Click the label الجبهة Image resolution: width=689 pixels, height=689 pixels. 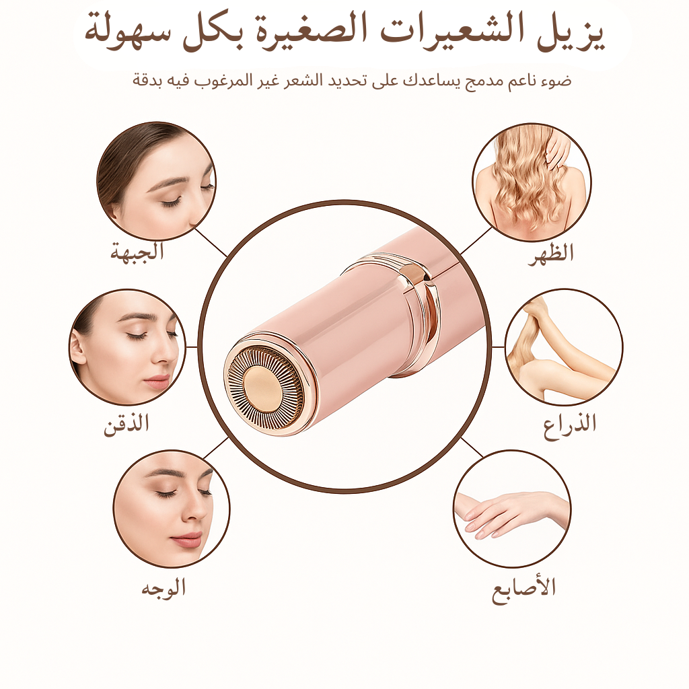[x=137, y=252]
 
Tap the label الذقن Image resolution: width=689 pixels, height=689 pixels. [x=126, y=425]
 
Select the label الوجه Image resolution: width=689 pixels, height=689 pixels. [x=163, y=587]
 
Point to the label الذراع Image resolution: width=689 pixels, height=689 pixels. [x=570, y=424]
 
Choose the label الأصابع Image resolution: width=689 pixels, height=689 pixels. [x=523, y=588]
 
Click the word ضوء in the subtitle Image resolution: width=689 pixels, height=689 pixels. [x=558, y=81]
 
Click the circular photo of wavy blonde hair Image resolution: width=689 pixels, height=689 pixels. [x=532, y=182]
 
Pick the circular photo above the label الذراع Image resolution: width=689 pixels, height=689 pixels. [x=563, y=347]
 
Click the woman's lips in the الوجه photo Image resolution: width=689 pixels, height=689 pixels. [x=186, y=540]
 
